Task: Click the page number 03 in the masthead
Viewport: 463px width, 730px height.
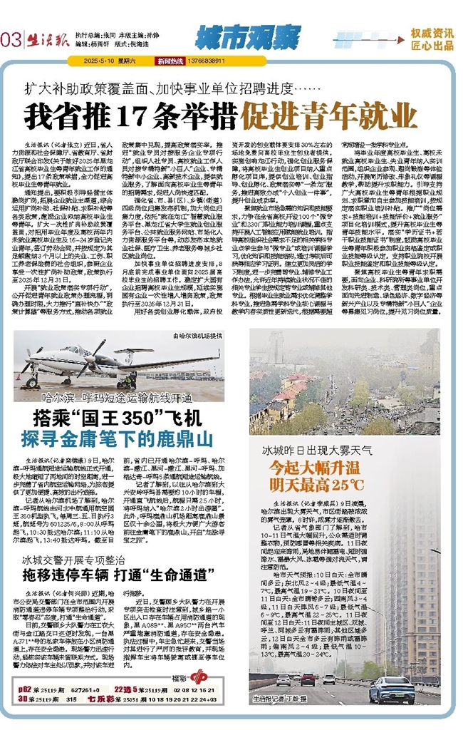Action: tap(11, 39)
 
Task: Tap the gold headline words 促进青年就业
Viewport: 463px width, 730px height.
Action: tap(329, 115)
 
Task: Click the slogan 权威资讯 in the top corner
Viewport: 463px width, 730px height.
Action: tap(432, 32)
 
